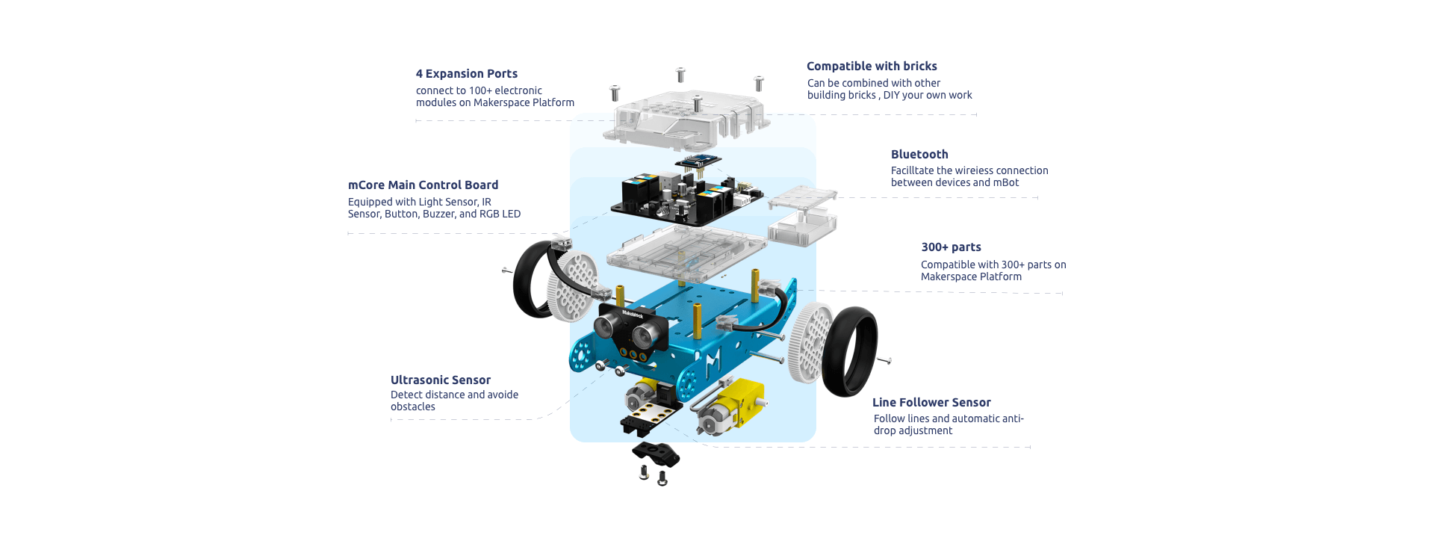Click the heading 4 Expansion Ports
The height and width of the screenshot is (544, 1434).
click(467, 74)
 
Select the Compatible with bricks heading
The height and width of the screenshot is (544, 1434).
click(872, 67)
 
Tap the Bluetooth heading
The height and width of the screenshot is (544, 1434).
click(919, 155)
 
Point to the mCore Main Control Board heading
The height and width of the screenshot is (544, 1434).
click(423, 185)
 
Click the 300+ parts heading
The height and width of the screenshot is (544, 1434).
click(951, 247)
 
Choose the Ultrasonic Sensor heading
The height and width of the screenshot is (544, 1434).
click(441, 380)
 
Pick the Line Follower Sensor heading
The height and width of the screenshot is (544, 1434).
click(931, 403)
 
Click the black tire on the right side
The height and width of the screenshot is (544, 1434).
click(850, 351)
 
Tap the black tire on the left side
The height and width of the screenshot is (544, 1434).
click(531, 278)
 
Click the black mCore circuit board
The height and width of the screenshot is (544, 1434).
click(687, 199)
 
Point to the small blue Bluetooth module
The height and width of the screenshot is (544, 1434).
click(698, 161)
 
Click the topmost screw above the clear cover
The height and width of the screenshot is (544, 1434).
click(680, 75)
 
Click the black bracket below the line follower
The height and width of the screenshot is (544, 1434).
click(656, 454)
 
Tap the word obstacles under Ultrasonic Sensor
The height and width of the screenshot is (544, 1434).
click(413, 407)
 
